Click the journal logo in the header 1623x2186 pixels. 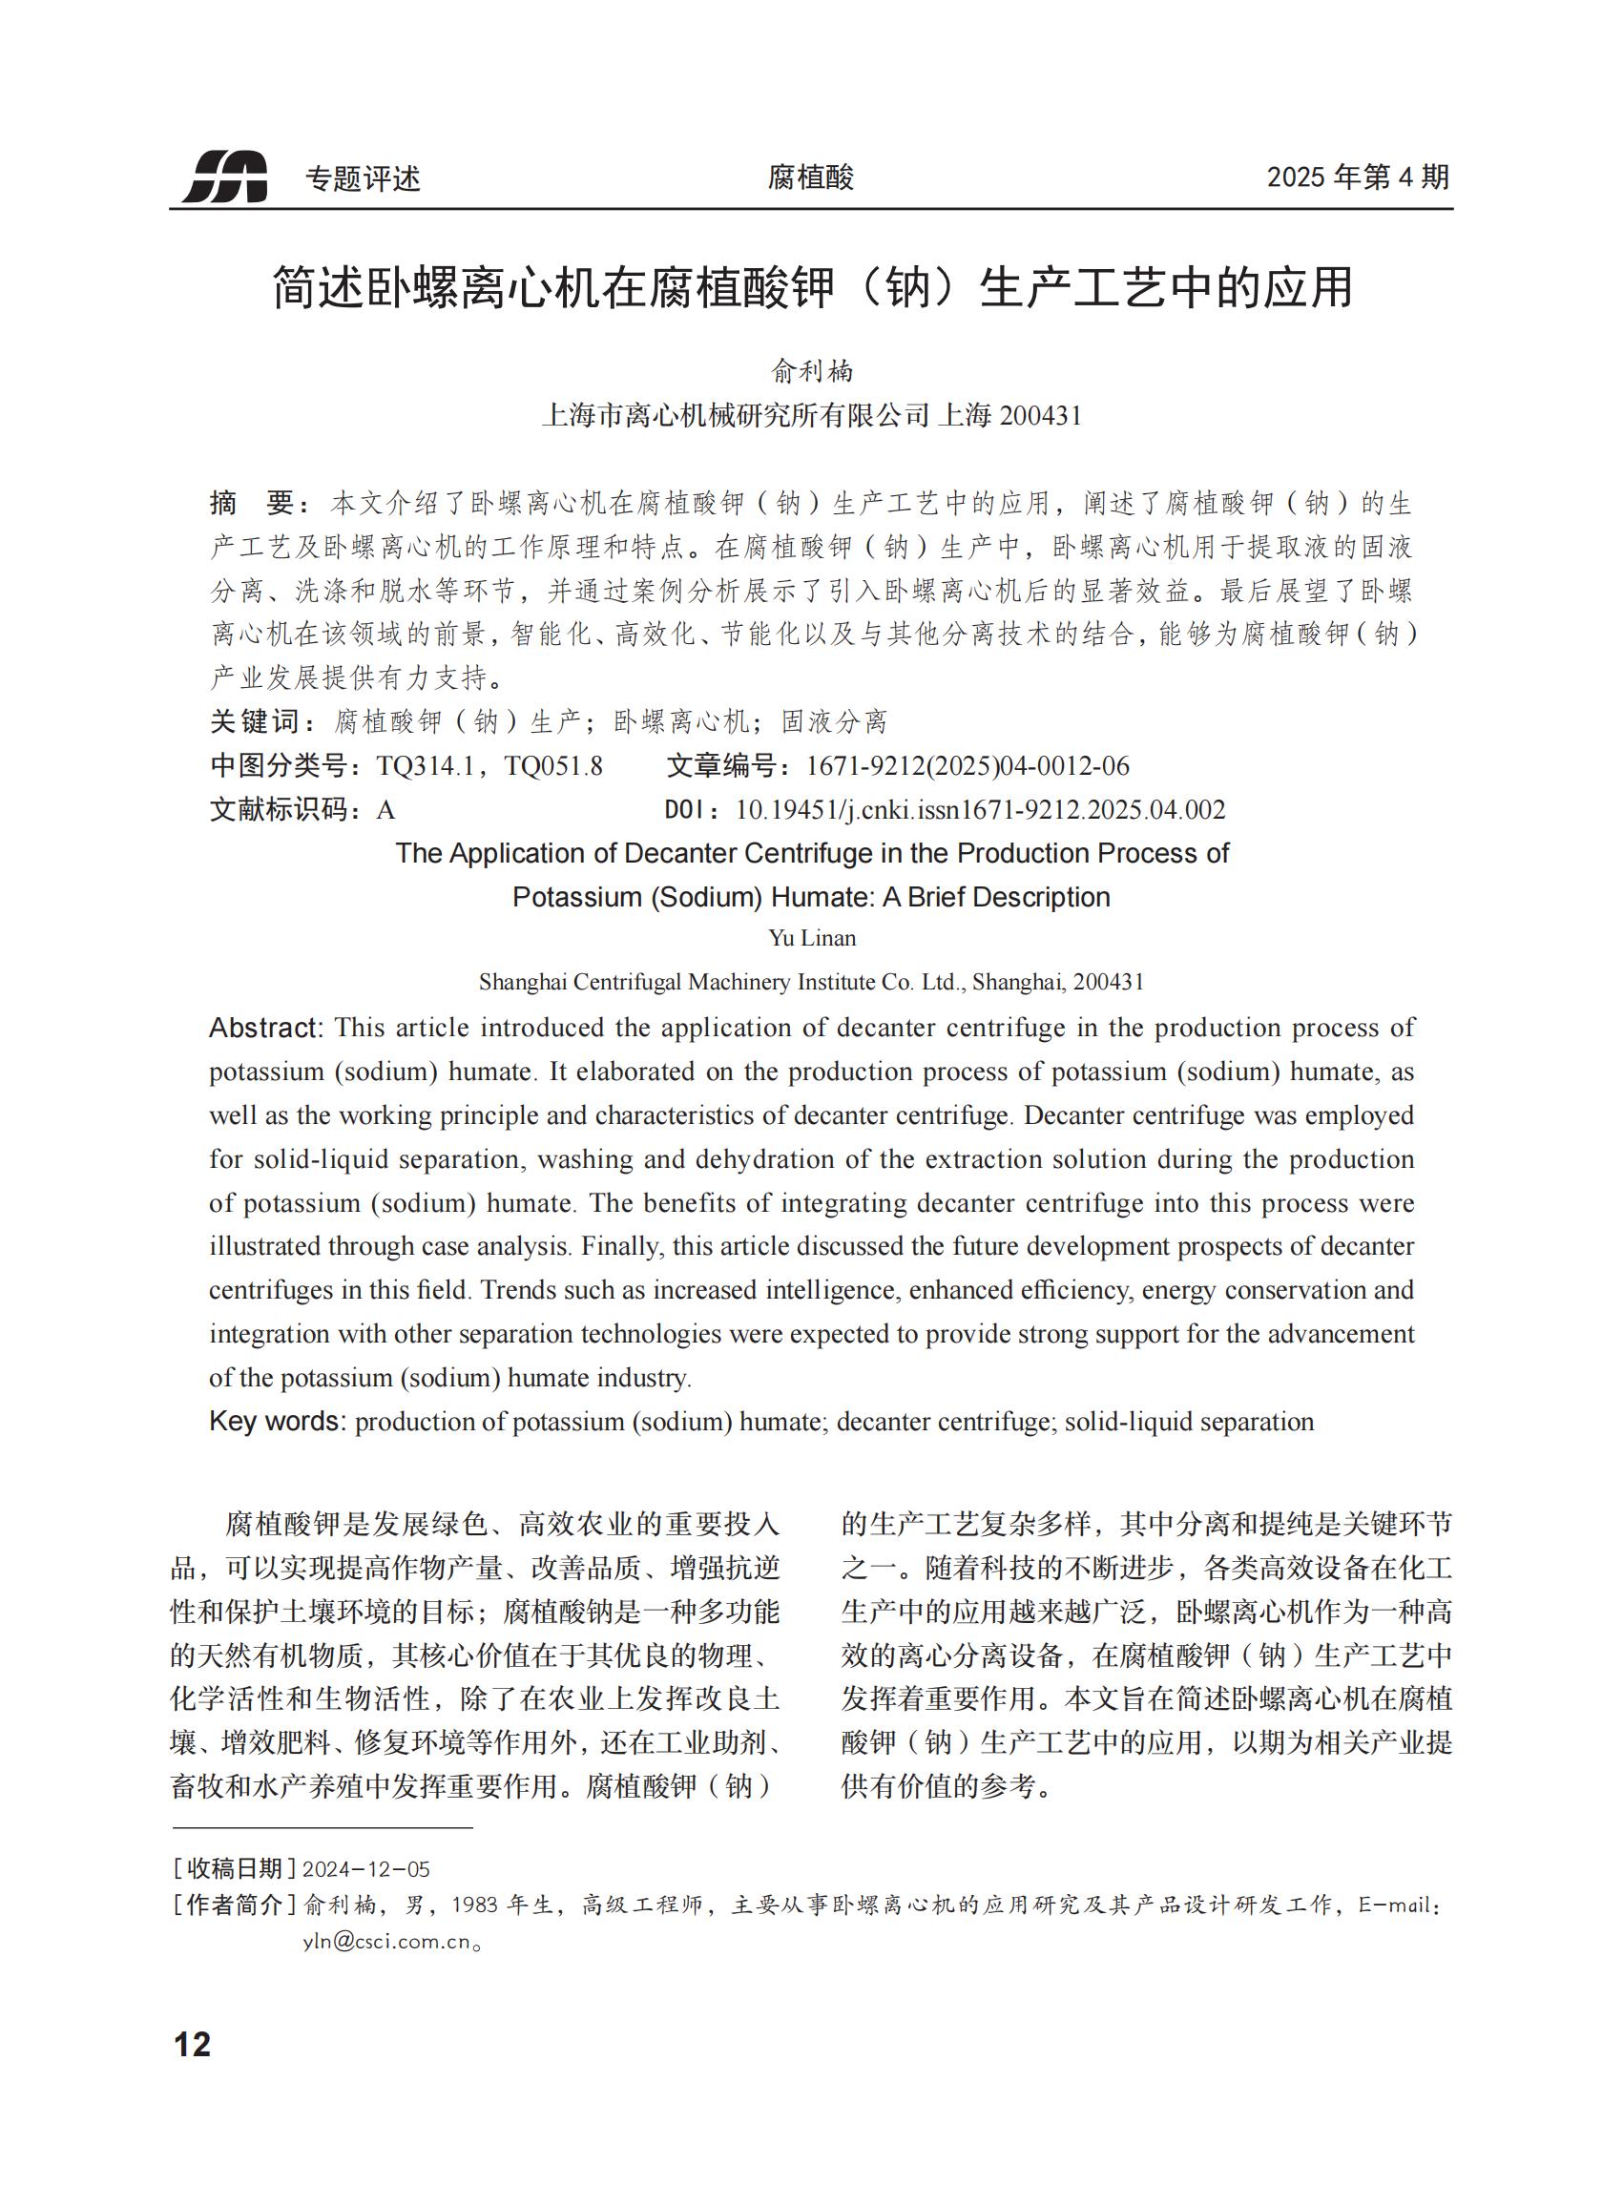(x=225, y=177)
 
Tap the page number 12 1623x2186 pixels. (x=193, y=2045)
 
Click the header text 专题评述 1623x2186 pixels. (x=363, y=178)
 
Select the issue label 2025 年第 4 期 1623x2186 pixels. (x=1358, y=177)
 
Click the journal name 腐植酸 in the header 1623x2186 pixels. (x=810, y=177)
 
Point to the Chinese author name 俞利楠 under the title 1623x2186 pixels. (x=811, y=371)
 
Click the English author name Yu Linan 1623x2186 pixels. (x=811, y=938)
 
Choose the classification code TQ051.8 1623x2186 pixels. (x=553, y=766)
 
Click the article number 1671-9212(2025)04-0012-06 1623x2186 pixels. (x=967, y=766)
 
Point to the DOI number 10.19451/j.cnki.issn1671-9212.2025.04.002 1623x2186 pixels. (x=980, y=810)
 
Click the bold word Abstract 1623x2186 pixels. (x=265, y=1028)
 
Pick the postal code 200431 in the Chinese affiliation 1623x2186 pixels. (x=1039, y=417)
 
